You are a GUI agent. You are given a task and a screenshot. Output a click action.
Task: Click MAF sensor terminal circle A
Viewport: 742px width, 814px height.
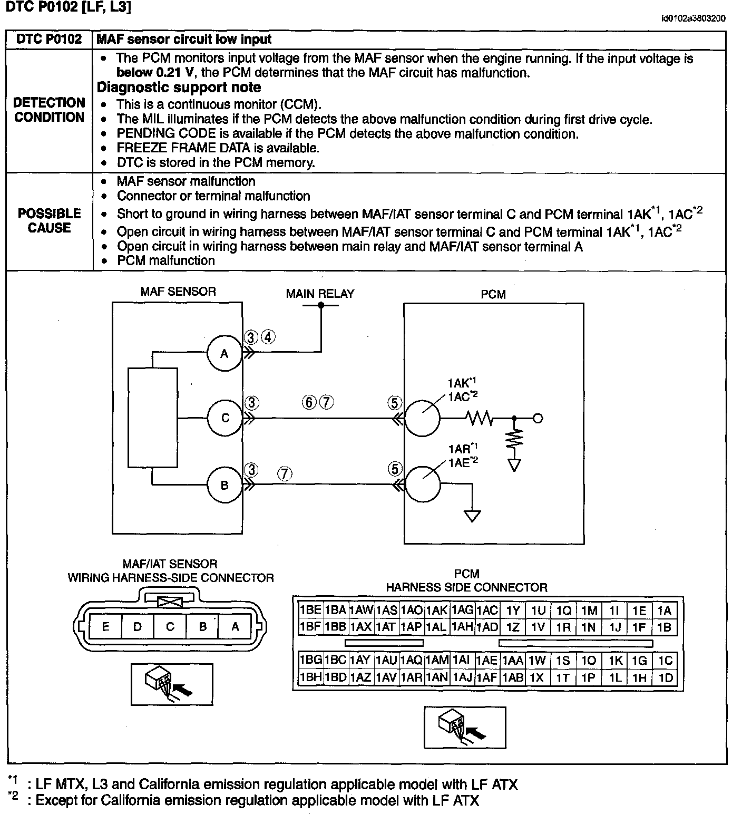[224, 353]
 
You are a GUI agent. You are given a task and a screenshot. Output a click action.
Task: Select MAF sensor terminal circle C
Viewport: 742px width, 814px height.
[225, 418]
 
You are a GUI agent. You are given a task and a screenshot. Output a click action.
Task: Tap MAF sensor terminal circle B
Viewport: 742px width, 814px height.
[224, 485]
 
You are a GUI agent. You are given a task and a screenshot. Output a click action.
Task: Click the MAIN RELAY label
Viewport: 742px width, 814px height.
[320, 294]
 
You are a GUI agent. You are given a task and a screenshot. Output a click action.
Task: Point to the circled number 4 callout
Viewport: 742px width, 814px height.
[268, 337]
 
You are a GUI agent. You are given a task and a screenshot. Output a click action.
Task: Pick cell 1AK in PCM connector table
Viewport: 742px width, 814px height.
[437, 610]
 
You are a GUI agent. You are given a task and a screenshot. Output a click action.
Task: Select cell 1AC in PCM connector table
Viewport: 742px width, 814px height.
[487, 610]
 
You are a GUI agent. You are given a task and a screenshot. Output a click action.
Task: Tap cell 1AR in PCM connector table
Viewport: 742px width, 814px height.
[412, 677]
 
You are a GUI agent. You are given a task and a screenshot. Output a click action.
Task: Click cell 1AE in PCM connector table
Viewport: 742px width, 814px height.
[487, 661]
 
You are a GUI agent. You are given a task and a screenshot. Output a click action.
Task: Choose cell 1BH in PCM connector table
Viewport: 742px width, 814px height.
[310, 677]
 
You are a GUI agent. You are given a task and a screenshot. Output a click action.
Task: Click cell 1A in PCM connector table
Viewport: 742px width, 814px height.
[665, 610]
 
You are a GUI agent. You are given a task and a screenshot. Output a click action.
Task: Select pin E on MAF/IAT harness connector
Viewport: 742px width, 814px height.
[106, 627]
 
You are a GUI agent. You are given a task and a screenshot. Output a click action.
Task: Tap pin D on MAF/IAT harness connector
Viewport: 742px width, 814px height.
[138, 627]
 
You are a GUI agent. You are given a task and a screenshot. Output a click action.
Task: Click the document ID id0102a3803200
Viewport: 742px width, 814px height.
[693, 18]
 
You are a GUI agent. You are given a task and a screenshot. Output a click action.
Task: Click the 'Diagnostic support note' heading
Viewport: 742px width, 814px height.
[179, 88]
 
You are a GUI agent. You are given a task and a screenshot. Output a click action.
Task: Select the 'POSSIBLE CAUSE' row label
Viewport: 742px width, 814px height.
[50, 220]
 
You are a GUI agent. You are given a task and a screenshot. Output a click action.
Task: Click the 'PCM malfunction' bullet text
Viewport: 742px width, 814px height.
[166, 260]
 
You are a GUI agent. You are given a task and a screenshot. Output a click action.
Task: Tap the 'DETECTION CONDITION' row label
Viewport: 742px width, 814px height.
[50, 110]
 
